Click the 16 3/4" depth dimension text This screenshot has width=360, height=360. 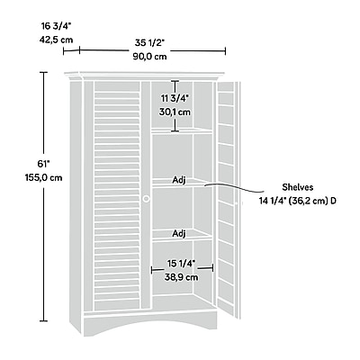click(56, 26)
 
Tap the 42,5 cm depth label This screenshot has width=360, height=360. click(56, 40)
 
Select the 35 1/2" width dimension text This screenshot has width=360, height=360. click(150, 43)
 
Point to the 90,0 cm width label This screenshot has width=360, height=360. click(150, 57)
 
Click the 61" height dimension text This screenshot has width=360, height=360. click(43, 164)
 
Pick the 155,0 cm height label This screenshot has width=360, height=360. click(44, 177)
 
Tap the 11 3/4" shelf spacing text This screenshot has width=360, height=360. click(175, 98)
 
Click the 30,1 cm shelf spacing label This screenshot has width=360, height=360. click(175, 112)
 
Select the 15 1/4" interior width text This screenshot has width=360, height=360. click(181, 264)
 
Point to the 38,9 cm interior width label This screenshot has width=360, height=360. click(181, 277)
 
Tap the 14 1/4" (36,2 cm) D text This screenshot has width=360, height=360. click(298, 201)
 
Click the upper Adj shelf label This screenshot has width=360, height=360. click(179, 180)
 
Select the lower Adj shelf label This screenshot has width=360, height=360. click(179, 233)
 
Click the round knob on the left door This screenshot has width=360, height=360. click(147, 199)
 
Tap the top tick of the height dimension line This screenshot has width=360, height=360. click(44, 72)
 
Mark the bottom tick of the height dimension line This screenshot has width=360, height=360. click(44, 320)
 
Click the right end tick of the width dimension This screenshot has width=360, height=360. click(225, 51)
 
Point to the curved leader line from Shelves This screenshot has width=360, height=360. click(234, 186)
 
